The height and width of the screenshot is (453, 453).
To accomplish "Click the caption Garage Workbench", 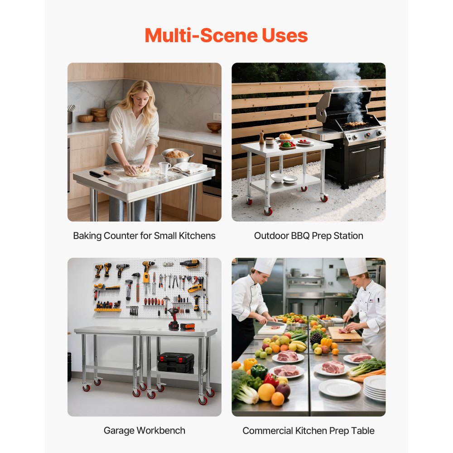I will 144,430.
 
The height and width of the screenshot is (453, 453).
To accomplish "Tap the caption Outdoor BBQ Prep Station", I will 308,236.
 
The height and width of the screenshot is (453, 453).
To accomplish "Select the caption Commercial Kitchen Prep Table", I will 308,430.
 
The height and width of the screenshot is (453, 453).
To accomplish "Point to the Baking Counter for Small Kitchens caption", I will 144,236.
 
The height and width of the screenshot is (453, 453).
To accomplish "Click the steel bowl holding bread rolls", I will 177,155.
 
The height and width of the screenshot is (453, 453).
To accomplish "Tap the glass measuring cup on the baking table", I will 164,169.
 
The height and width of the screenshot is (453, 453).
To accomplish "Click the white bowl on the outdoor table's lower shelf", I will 277,177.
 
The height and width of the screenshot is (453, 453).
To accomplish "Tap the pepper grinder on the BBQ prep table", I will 261,137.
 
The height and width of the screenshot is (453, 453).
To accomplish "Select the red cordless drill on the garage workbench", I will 173,317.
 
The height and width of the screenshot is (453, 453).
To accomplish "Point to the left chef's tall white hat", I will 265,265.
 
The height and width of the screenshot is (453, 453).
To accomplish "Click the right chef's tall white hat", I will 356,266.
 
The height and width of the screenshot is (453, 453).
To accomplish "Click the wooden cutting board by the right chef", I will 345,334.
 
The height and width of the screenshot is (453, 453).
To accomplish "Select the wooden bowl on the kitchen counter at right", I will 214,127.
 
